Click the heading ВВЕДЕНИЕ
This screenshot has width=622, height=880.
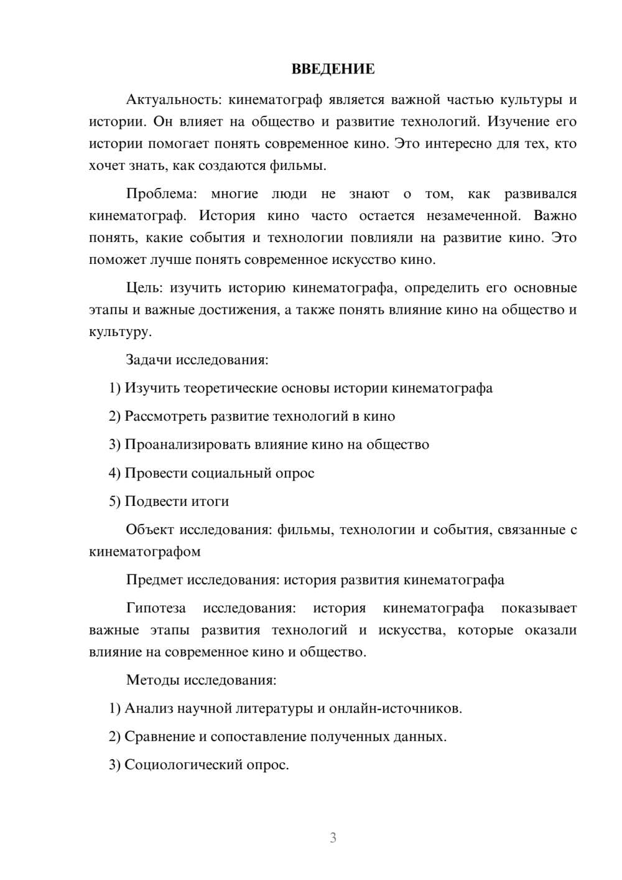pos(333,69)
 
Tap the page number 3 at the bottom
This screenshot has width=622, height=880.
pos(333,838)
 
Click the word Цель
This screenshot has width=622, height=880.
pos(144,288)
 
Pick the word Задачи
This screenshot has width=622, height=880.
pos(149,360)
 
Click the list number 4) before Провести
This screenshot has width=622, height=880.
pos(114,473)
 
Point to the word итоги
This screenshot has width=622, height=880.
pos(210,502)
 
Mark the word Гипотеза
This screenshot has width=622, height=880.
pos(155,608)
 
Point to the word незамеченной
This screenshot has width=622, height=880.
pos(473,216)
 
